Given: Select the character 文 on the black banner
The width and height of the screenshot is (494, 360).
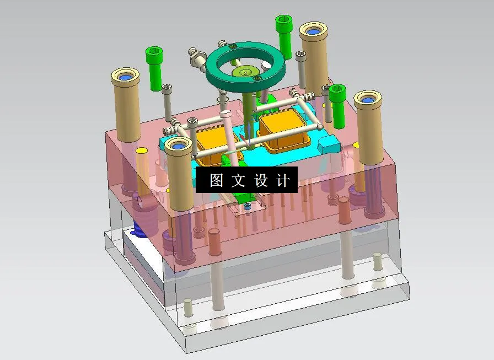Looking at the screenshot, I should (237, 180).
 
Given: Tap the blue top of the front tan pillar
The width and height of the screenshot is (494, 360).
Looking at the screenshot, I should (178, 146).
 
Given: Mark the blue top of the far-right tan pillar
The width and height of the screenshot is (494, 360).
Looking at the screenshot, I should (368, 100).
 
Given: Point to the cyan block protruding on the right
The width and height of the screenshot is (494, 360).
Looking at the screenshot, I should (330, 145).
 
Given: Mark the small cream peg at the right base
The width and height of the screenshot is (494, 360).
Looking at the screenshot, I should (378, 261).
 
